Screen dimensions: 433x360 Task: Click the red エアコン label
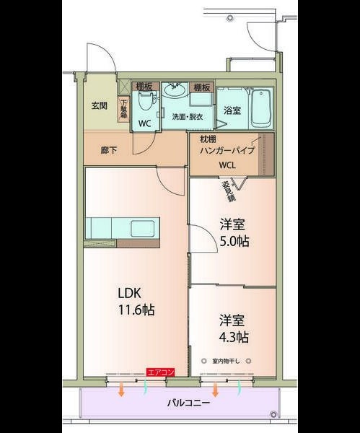click(160, 372)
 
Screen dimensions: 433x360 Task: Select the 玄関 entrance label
click(99, 105)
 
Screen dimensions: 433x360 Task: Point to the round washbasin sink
click(175, 90)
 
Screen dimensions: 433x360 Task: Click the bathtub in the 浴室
click(260, 107)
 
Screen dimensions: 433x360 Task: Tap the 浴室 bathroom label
click(232, 110)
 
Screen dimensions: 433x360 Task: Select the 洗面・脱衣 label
click(187, 117)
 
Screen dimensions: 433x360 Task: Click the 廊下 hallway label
click(110, 151)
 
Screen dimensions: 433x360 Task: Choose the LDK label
click(131, 294)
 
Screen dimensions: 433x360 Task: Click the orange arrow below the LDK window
click(121, 391)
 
